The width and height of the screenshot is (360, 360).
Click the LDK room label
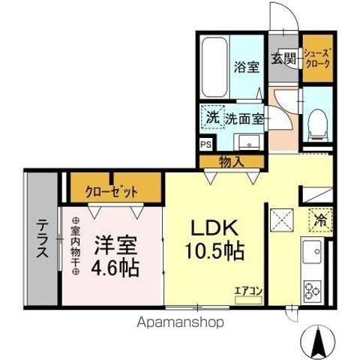(x=217, y=226)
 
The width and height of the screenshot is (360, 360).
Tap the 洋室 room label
(x=116, y=246)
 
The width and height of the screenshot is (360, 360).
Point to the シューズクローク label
(x=316, y=58)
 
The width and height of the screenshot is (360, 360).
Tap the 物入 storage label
(x=231, y=160)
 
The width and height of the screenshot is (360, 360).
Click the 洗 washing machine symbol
(x=212, y=118)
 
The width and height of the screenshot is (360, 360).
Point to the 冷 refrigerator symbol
(x=319, y=221)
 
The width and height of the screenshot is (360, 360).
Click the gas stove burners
(x=311, y=289)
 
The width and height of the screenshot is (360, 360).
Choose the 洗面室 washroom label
(x=244, y=118)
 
